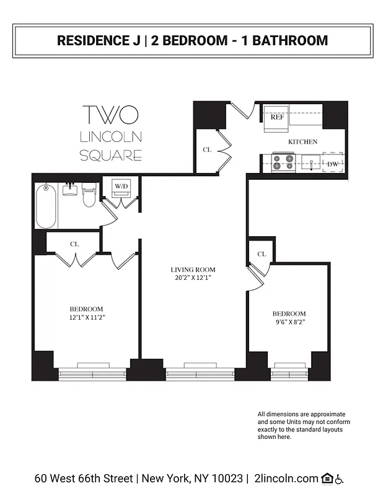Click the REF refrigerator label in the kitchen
pyautogui.click(x=276, y=116)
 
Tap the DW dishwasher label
pyautogui.click(x=332, y=164)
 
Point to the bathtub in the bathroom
pyautogui.click(x=46, y=206)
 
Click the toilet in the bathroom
pyautogui.click(x=89, y=197)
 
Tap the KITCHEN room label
pyautogui.click(x=302, y=142)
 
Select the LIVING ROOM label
pyautogui.click(x=193, y=270)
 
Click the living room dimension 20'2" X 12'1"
pyautogui.click(x=193, y=278)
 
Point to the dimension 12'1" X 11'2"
pyautogui.click(x=86, y=317)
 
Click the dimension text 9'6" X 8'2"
pyautogui.click(x=289, y=322)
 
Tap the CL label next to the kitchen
pyautogui.click(x=206, y=150)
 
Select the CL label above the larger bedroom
pyautogui.click(x=74, y=244)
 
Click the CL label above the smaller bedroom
pyautogui.click(x=262, y=254)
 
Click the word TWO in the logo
pyautogui.click(x=110, y=115)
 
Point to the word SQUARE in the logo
pyautogui.click(x=111, y=155)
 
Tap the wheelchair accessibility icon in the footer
pyautogui.click(x=340, y=479)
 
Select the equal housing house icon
pyautogui.click(x=327, y=479)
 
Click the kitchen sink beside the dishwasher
pyautogui.click(x=309, y=164)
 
